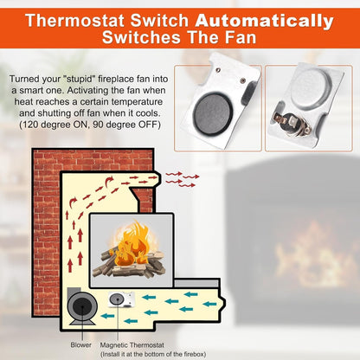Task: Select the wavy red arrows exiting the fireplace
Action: (182, 179)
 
